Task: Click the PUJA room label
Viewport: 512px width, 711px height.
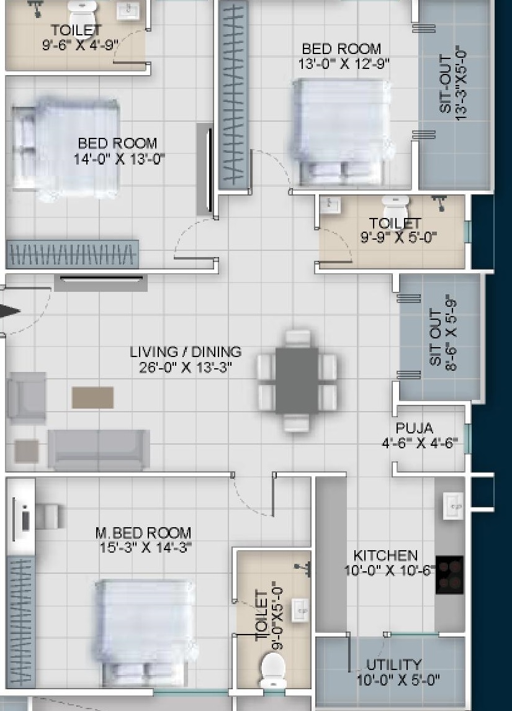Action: [414, 428]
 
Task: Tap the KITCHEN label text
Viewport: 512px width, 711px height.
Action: [385, 555]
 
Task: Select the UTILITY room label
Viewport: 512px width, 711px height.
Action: [394, 665]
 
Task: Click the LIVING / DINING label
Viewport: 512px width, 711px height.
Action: [186, 351]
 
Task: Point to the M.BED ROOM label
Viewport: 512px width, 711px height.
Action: [143, 532]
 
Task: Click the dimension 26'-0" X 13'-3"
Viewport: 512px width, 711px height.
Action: [186, 367]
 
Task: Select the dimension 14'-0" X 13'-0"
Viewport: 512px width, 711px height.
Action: [119, 159]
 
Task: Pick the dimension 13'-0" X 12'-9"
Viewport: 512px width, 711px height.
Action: [344, 64]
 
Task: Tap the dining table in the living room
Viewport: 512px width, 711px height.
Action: [297, 381]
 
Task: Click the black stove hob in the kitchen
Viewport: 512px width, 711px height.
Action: [449, 574]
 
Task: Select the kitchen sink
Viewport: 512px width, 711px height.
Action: [454, 505]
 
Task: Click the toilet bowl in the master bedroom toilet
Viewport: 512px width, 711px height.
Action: [273, 670]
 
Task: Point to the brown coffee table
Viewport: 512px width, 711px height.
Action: [93, 397]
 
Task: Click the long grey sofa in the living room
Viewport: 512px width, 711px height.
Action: [99, 449]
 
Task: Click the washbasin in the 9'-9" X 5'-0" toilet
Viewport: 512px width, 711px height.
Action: [330, 205]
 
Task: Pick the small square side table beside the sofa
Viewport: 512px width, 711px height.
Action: [26, 451]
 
